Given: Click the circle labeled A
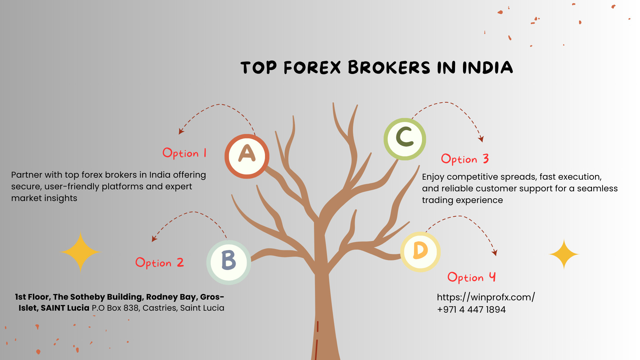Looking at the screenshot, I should click(247, 156).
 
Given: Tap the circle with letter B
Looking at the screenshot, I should click(229, 262).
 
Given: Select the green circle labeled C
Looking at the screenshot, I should click(405, 139).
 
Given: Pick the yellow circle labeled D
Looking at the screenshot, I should click(420, 252).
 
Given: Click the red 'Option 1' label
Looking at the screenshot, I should click(184, 153).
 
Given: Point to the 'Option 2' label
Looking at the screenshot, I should click(159, 263).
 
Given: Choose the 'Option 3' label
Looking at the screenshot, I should click(465, 159).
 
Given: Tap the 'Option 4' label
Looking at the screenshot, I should click(471, 277).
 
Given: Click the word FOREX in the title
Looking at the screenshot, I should click(312, 68).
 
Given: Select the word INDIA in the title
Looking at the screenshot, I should click(487, 68).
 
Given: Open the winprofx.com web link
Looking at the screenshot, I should click(486, 297).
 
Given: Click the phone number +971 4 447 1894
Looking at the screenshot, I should click(471, 310).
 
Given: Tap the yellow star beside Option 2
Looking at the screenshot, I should click(80, 252).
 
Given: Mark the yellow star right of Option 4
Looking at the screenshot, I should click(564, 254).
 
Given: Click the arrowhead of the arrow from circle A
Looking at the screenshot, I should click(181, 132).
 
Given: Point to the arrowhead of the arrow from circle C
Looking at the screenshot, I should click(481, 139).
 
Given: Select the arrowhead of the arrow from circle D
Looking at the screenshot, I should click(495, 253).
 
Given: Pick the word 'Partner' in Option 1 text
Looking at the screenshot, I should click(27, 175).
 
